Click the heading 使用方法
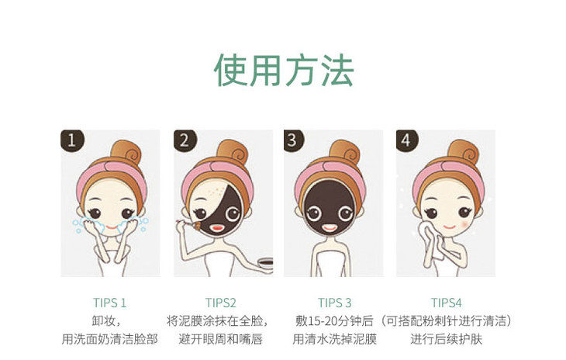[283, 70]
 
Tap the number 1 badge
[72, 140]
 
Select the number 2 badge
[185, 140]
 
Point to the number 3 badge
[293, 140]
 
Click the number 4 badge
[406, 140]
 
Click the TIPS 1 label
[110, 303]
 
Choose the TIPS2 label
[220, 303]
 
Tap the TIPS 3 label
[334, 303]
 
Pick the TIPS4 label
[446, 303]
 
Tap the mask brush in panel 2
[190, 224]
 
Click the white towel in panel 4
[431, 240]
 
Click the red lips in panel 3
[330, 228]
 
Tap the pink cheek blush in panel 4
[466, 224]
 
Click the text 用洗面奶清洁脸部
[110, 339]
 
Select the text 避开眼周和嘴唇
[220, 339]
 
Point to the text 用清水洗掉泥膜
[335, 339]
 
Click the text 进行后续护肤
[446, 339]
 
